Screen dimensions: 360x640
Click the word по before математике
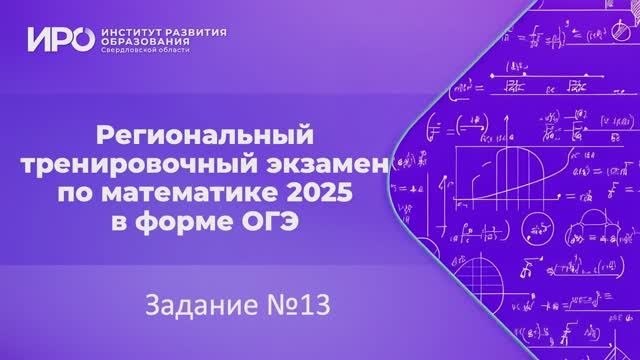pyautogui.click(x=111, y=188)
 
